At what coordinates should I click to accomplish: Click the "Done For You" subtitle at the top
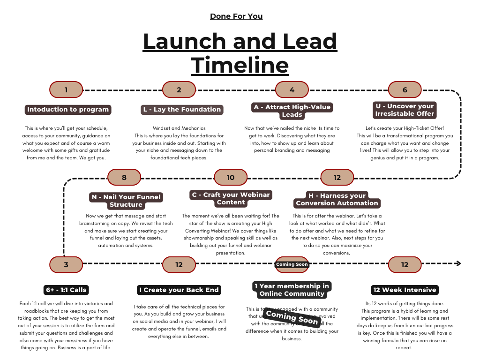(236, 16)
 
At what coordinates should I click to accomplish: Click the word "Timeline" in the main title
(240, 65)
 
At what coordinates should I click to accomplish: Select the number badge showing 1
(66, 90)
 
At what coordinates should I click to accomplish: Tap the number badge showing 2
(179, 90)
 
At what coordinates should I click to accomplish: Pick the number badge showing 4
(292, 90)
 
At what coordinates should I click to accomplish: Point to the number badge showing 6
(405, 90)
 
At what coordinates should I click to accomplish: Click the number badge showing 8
(124, 177)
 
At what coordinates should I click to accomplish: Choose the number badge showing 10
(231, 177)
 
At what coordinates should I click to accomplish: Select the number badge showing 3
(66, 264)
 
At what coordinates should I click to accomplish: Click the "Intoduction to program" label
(68, 110)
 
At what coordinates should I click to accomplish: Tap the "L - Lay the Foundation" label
(182, 110)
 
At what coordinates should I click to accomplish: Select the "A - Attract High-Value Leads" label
(292, 111)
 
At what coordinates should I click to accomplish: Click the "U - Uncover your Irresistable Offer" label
(405, 110)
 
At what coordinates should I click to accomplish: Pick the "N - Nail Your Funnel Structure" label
(126, 201)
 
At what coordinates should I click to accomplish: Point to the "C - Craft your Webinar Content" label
(231, 198)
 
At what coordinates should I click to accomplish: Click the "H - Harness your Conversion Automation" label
(337, 199)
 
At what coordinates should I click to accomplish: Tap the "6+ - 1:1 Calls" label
(66, 290)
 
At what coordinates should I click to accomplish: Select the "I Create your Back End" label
(179, 290)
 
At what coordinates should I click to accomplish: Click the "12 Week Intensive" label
(405, 290)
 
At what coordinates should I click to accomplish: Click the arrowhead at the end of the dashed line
(458, 263)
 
